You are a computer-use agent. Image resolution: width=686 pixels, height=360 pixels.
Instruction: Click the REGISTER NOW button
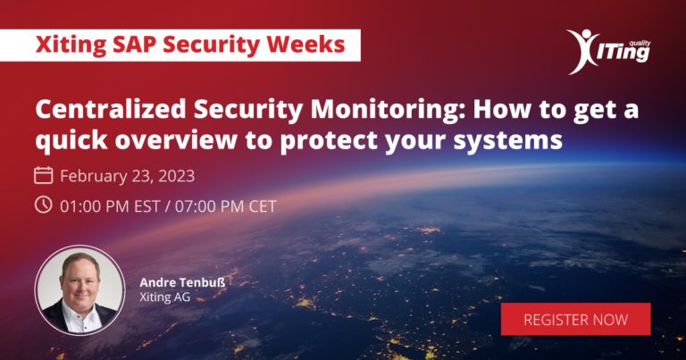pos(575,319)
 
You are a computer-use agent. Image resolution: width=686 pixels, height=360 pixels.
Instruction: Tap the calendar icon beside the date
pos(43,175)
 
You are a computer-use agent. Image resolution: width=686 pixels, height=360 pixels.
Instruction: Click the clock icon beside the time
pos(43,205)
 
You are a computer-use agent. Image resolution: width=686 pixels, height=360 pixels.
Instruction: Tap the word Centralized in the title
pos(111,109)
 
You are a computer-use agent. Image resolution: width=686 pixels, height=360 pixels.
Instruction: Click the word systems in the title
pos(508,141)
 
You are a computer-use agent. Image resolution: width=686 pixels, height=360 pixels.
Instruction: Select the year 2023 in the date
pos(176,176)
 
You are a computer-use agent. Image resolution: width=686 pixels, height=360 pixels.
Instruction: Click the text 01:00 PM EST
pos(110,206)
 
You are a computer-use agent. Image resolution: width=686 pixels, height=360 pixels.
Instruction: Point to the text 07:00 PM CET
pos(226,206)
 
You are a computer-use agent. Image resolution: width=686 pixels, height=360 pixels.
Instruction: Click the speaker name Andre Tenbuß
pos(182,282)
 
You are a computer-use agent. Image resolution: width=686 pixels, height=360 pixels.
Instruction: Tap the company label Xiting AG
pos(165,297)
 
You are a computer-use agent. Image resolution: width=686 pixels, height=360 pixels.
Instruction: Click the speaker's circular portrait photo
pos(79,290)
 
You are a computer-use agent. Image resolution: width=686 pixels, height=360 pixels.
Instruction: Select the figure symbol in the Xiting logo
pos(582,51)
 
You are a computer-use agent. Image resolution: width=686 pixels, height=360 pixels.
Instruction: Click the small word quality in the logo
pos(640,43)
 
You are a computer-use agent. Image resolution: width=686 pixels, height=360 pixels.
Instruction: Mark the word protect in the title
pos(329,141)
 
